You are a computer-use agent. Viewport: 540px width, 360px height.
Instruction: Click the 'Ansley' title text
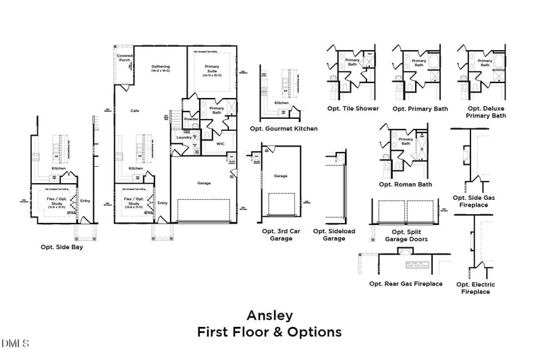[269, 315]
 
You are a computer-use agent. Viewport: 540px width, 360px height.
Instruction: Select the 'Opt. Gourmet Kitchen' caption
[283, 128]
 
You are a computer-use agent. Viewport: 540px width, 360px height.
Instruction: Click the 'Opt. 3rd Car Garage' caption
[277, 234]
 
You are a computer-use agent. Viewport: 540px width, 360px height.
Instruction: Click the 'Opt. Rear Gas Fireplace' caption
[406, 284]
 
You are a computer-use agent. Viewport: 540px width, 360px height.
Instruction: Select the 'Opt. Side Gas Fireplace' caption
[474, 201]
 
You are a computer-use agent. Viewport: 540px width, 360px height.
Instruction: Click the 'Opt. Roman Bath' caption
[406, 184]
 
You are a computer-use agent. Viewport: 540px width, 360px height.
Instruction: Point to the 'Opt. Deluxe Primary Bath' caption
[485, 111]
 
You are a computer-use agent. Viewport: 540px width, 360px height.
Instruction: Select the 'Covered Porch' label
[124, 58]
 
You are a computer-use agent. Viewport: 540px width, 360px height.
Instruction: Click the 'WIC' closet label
[220, 143]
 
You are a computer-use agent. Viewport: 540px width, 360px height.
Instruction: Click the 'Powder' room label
[191, 119]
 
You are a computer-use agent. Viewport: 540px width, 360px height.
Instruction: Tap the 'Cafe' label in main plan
[135, 110]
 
